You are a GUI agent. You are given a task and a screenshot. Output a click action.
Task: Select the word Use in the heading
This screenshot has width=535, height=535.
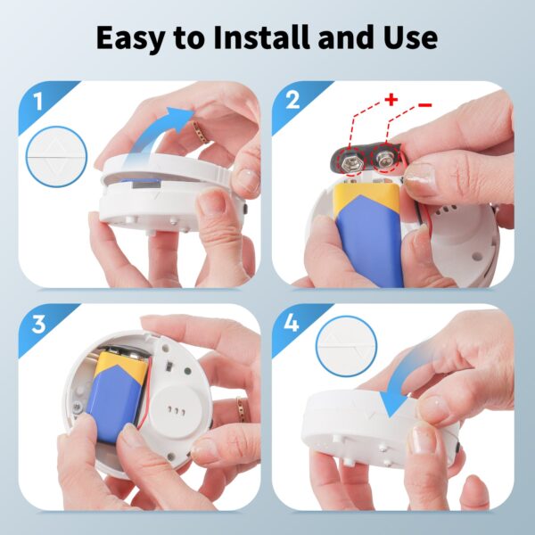[410, 37]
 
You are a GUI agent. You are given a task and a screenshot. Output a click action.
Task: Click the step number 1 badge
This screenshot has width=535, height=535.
[37, 102]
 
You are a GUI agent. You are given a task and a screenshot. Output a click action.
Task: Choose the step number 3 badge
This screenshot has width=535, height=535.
[38, 325]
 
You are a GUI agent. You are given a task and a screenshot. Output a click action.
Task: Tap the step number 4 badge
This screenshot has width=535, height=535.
[292, 323]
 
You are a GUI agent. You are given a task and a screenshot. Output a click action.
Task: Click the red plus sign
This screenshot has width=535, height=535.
[391, 100]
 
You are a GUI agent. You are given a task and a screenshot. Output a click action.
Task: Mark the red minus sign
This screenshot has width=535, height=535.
[424, 104]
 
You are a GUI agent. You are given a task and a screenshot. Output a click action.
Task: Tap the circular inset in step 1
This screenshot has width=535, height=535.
[56, 157]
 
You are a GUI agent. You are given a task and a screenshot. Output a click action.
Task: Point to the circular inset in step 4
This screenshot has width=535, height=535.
[347, 346]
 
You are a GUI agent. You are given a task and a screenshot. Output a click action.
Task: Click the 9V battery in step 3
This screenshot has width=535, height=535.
[119, 397]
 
